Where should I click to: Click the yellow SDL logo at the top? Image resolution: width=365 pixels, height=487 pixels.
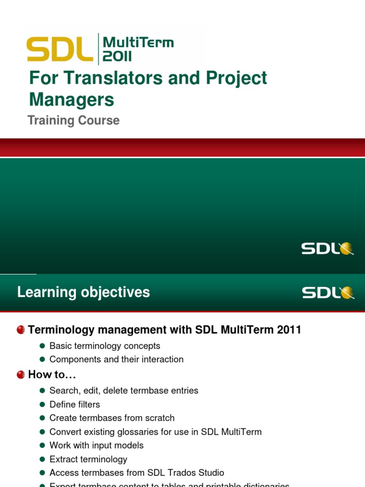coord(60,49)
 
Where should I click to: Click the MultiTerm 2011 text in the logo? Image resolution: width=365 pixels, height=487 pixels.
coord(138,49)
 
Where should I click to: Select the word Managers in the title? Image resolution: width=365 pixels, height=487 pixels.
coord(72,99)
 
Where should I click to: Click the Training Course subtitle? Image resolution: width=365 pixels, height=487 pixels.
coord(74,120)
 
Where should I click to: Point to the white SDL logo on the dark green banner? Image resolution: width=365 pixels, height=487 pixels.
coord(327,248)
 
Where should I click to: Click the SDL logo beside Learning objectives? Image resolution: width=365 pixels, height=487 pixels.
coord(328,292)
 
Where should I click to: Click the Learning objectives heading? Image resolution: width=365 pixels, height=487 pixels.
coord(84,292)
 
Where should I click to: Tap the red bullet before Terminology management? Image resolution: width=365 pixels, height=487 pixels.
coord(21,330)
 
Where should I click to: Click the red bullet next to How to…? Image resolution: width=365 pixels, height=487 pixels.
coord(21,375)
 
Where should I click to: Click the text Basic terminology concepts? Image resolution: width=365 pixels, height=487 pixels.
coord(105,346)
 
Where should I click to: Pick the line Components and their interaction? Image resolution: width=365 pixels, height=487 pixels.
coord(116,360)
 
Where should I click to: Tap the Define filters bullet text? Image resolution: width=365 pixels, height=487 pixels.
coord(75,404)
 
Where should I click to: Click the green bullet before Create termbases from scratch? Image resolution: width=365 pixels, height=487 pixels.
coord(42,418)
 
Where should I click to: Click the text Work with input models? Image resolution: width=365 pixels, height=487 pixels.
coord(96,445)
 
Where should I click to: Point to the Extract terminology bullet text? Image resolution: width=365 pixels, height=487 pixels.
coord(88,459)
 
